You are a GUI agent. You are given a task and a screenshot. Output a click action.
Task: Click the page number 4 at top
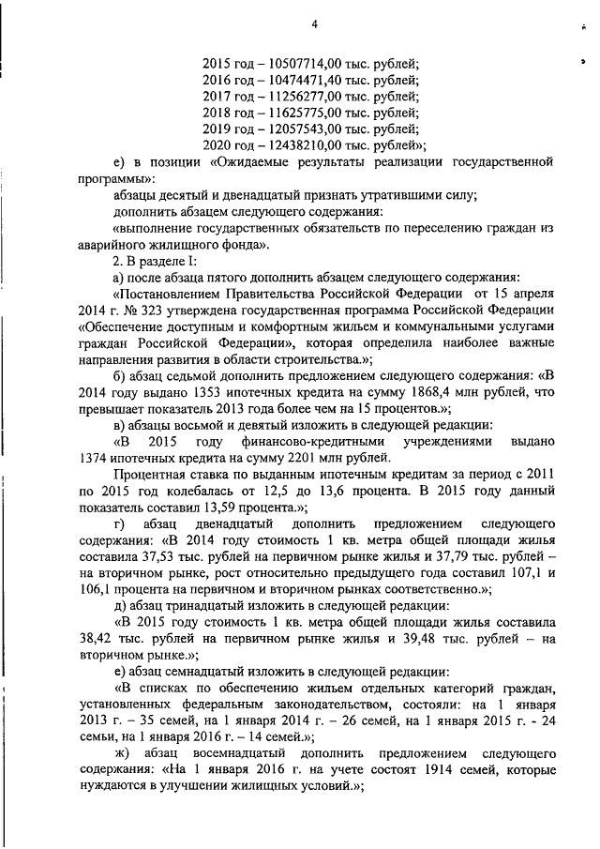pos(315,24)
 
